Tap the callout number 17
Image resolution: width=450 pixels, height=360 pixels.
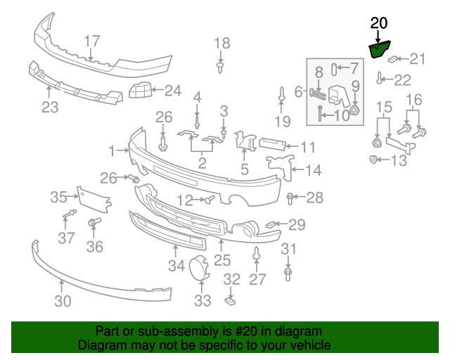[x=92, y=41]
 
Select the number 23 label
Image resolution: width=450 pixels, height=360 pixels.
[x=49, y=107]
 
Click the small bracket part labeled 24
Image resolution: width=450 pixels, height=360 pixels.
[x=141, y=91]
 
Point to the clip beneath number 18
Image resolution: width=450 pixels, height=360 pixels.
[x=221, y=67]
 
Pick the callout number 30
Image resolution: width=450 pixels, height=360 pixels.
[x=63, y=302]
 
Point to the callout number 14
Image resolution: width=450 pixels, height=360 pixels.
[x=313, y=169]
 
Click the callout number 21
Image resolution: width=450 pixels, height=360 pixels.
[x=418, y=58]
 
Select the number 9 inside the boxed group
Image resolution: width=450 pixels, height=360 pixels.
[x=355, y=86]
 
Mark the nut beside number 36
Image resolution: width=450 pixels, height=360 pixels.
[x=93, y=224]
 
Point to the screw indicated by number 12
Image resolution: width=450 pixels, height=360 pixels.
[x=210, y=200]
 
